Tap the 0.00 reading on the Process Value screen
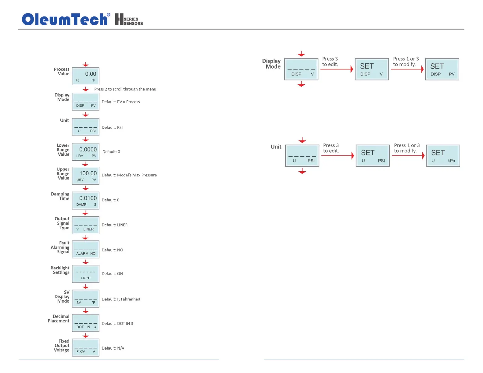tap(91, 74)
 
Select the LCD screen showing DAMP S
tap(86, 201)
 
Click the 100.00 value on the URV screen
tap(88, 173)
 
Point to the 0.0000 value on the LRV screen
tap(88, 149)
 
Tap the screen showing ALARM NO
tap(86, 250)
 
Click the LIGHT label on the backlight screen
tap(86, 278)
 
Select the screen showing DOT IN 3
tap(86, 323)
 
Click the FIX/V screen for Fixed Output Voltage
tap(86, 348)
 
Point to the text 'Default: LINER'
tap(115, 225)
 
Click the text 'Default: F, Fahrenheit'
tap(121, 299)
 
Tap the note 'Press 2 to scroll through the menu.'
tap(126, 89)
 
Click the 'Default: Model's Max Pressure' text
tap(129, 175)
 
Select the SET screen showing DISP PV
tap(442, 69)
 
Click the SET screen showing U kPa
tap(443, 156)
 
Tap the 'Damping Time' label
tap(60, 196)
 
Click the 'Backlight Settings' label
tap(60, 270)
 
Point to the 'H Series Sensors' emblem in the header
tap(129, 20)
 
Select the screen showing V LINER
tap(86, 225)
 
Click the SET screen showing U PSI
tap(373, 156)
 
